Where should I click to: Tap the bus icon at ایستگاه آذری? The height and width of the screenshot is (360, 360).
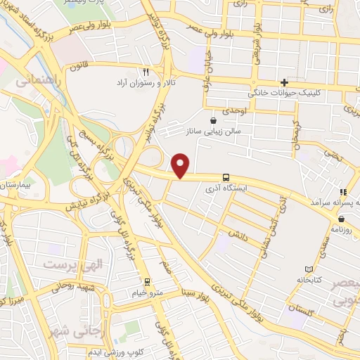click(226, 178)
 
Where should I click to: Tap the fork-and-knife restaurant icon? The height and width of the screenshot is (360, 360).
click(146, 71)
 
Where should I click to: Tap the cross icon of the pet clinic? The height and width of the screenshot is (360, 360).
click(285, 82)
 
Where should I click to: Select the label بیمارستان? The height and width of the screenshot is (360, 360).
click(15, 185)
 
